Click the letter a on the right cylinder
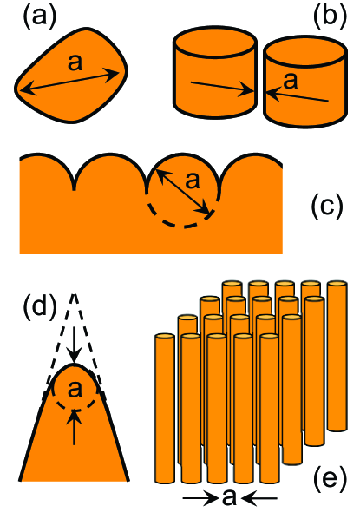point(290,82)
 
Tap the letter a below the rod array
point(228,498)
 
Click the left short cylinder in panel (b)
point(214,73)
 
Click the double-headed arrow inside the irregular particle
point(69,83)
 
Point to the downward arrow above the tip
point(75,344)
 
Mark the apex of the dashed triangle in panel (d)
point(75,293)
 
